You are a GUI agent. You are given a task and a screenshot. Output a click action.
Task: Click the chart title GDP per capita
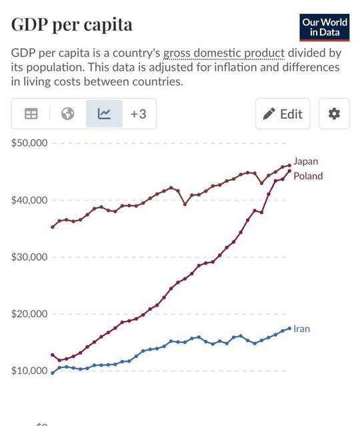coord(72,25)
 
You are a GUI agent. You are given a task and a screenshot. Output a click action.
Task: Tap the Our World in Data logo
coord(325,27)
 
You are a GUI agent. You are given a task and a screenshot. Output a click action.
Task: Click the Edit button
coord(283,114)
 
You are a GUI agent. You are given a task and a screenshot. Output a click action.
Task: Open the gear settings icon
coord(334,114)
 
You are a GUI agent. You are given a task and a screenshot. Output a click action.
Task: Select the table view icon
coord(31,114)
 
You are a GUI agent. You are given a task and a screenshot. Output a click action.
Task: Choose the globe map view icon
coord(67,113)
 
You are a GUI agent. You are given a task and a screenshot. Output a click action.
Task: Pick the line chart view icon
coord(104,113)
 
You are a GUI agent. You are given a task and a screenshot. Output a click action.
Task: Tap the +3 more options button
coord(139,114)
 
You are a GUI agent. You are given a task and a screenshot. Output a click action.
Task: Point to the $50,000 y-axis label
coord(29,143)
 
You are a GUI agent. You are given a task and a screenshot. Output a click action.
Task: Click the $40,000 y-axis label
coord(29,200)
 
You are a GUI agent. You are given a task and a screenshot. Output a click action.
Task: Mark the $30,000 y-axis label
coord(29,257)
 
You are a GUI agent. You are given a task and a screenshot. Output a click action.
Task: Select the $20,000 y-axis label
coord(29,314)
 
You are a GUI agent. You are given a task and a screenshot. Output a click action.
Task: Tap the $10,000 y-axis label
coord(29,371)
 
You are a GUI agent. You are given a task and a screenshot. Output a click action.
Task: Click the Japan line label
coord(305,161)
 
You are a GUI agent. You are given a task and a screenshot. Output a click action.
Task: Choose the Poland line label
coord(308,176)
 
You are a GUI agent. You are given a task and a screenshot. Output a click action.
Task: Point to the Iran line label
coord(301,329)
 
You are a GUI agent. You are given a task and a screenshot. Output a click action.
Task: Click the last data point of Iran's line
coord(289,329)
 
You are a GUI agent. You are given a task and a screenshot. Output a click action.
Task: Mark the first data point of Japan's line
coord(53,227)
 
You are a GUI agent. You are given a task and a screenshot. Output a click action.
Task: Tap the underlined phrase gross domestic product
coord(224,53)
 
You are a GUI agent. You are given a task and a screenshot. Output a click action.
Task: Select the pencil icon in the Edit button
coord(269,114)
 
